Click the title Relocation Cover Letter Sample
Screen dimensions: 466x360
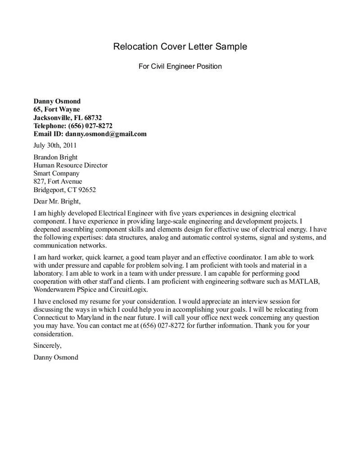(x=180, y=46)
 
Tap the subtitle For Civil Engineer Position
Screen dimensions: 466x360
(x=180, y=67)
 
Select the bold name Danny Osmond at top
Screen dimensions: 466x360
(x=57, y=101)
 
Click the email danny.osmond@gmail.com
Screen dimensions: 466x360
(x=106, y=134)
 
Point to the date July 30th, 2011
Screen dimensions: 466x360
(x=55, y=145)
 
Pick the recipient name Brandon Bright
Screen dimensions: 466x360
(x=55, y=157)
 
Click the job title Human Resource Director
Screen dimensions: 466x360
(x=70, y=165)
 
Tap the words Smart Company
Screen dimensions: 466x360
(x=56, y=173)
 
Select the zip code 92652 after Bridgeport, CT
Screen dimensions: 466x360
(x=86, y=189)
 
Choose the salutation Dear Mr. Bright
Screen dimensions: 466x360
(x=57, y=201)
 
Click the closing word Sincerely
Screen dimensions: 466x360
(x=47, y=345)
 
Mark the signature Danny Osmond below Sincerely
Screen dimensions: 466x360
(x=55, y=357)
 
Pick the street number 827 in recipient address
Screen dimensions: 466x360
(x=39, y=181)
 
